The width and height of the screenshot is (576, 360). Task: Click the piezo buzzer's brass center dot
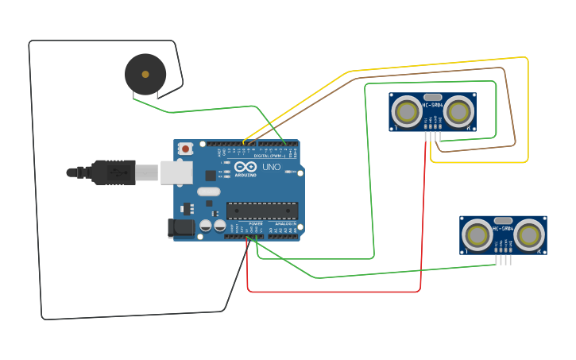[x=145, y=74]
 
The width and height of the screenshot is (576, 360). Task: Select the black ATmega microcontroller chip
[x=262, y=211]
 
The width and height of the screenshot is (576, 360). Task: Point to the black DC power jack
[x=182, y=228]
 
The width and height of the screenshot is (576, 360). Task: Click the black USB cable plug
[x=112, y=172]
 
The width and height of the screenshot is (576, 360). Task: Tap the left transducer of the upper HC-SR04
[x=407, y=112]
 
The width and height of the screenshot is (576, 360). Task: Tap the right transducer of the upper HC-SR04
[x=459, y=112]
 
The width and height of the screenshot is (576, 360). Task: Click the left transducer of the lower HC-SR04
[x=477, y=235]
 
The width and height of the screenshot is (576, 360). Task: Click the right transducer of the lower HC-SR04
[x=529, y=234]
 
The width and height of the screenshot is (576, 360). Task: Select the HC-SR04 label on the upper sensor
[x=433, y=105]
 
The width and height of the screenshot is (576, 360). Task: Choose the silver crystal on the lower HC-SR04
[x=503, y=220]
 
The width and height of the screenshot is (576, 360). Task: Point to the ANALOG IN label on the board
[x=285, y=224]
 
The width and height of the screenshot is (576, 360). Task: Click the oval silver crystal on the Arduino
[x=208, y=192]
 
